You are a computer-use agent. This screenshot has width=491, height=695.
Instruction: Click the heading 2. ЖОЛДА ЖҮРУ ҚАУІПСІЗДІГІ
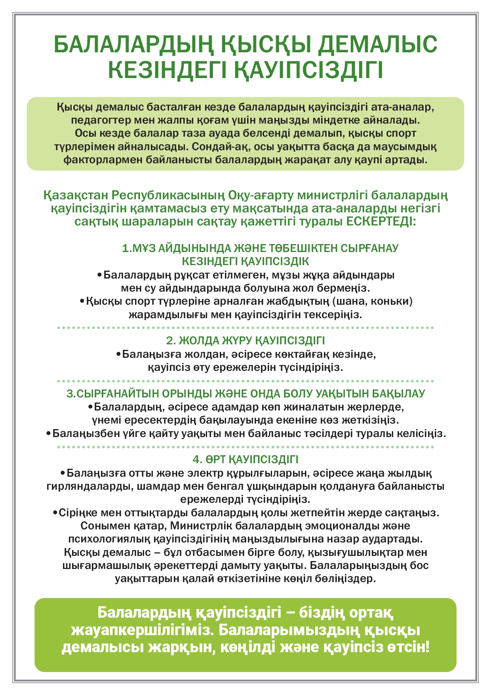coord(246,341)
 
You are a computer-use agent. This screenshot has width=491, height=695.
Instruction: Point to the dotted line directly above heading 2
coord(246,328)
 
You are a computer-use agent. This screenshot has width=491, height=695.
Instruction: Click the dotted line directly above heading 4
coord(246,447)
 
